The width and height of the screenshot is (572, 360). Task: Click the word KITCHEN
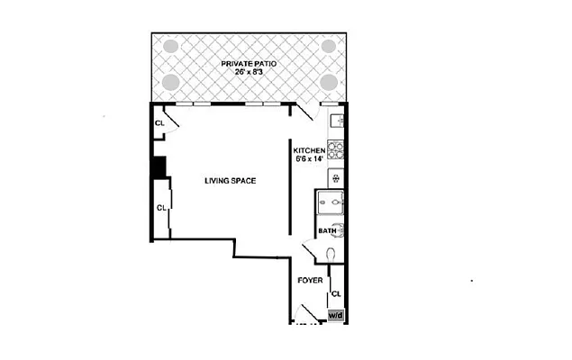tap(309, 150)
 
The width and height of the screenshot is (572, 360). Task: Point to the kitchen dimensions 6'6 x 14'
tap(309, 159)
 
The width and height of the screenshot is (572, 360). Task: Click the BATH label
tap(327, 231)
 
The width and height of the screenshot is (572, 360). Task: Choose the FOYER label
tap(311, 280)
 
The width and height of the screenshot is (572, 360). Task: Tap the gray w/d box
tap(335, 316)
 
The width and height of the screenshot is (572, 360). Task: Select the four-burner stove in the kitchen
tap(335, 149)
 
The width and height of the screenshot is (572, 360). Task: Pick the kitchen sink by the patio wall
tap(337, 120)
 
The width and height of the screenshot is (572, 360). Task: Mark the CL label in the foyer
tap(336, 294)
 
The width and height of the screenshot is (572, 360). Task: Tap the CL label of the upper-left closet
tap(159, 123)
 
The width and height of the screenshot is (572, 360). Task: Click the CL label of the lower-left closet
tap(162, 208)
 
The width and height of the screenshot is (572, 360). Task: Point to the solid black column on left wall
tap(159, 167)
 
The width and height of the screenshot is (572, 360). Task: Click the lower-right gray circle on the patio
tap(329, 82)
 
